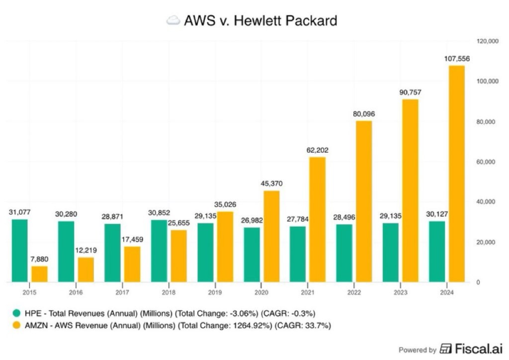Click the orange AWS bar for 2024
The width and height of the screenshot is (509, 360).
pyautogui.click(x=457, y=174)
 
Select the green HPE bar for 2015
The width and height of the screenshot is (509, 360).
pyautogui.click(x=19, y=251)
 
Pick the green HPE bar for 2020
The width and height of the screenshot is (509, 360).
pyautogui.click(x=252, y=255)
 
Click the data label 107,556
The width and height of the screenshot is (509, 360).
pyautogui.click(x=457, y=59)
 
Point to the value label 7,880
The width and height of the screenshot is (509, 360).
pyautogui.click(x=40, y=259)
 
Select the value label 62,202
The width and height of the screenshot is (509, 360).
pyautogui.click(x=317, y=150)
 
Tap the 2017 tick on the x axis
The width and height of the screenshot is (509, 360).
pyautogui.click(x=122, y=292)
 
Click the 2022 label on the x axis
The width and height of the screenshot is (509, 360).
pyautogui.click(x=355, y=292)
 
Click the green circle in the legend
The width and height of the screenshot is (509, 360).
pyautogui.click(x=17, y=313)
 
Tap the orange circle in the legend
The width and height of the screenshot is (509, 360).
pyautogui.click(x=17, y=326)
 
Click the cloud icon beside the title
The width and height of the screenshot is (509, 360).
pyautogui.click(x=173, y=20)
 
